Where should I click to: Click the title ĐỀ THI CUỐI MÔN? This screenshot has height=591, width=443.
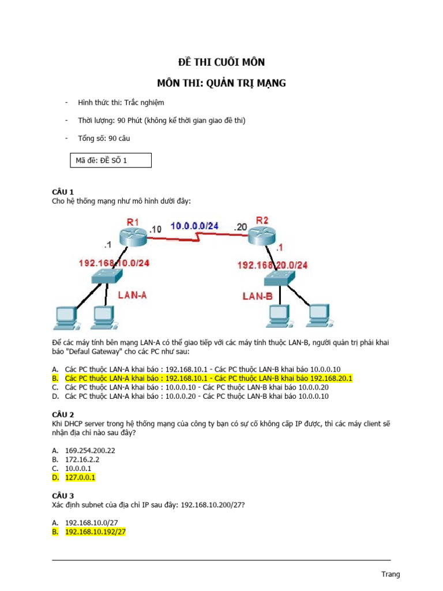221,62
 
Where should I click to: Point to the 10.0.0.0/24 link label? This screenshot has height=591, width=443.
194,226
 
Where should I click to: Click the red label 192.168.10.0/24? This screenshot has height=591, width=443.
114,263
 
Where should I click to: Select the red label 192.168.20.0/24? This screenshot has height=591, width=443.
272,265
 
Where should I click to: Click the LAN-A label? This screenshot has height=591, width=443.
133,294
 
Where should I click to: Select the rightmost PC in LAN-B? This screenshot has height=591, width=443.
320,314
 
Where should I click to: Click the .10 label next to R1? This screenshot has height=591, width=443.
155,229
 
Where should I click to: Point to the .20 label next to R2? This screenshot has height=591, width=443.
241,227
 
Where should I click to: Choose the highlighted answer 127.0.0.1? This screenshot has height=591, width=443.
80,478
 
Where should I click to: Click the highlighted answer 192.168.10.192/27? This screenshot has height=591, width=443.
95,532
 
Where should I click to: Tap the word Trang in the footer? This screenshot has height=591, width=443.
391,574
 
